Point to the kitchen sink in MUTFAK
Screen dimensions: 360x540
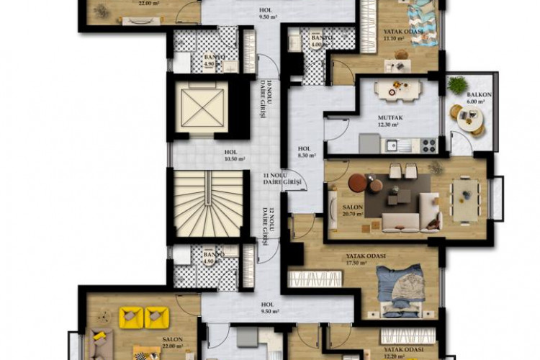392,145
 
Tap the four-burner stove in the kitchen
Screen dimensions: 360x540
429,145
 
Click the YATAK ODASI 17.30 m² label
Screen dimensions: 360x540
366,260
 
